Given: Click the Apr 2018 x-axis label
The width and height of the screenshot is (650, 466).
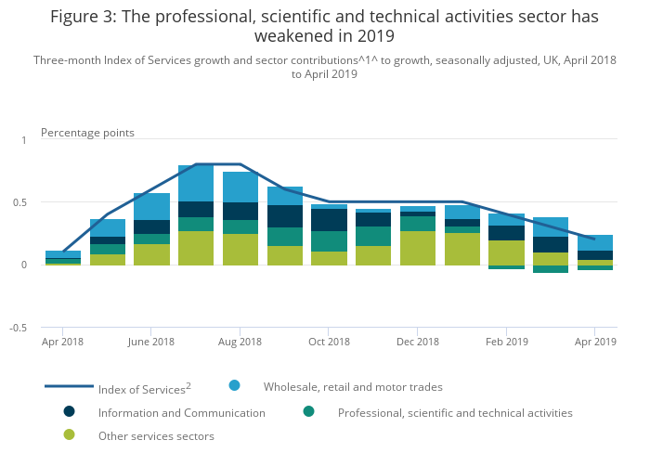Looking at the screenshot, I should tap(62, 342).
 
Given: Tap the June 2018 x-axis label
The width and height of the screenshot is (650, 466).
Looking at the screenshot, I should tap(151, 342).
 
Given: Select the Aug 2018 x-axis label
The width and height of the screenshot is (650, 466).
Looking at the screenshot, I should tap(240, 342).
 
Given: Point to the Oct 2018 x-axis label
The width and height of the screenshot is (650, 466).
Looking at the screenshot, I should tap(329, 342).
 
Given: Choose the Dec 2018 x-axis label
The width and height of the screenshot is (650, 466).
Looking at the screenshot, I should tap(417, 342).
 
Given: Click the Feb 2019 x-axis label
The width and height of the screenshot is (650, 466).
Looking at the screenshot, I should tap(506, 342).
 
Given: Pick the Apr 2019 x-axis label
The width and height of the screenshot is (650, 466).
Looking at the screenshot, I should tap(594, 342).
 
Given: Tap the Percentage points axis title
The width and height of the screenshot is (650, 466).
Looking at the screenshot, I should tap(87, 133).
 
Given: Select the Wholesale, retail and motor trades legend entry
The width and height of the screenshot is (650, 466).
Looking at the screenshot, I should tap(353, 386).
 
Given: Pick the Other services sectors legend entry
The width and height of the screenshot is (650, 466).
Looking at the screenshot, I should tap(156, 436).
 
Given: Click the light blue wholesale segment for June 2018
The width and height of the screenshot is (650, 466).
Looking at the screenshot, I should tap(151, 206).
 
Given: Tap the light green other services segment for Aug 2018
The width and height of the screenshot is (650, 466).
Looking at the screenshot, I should tap(240, 250).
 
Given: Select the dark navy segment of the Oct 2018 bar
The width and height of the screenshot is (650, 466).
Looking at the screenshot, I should tap(329, 220).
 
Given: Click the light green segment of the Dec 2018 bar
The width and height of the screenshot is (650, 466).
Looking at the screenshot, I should tap(417, 249).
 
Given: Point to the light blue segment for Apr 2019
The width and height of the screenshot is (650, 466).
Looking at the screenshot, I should tap(594, 243).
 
